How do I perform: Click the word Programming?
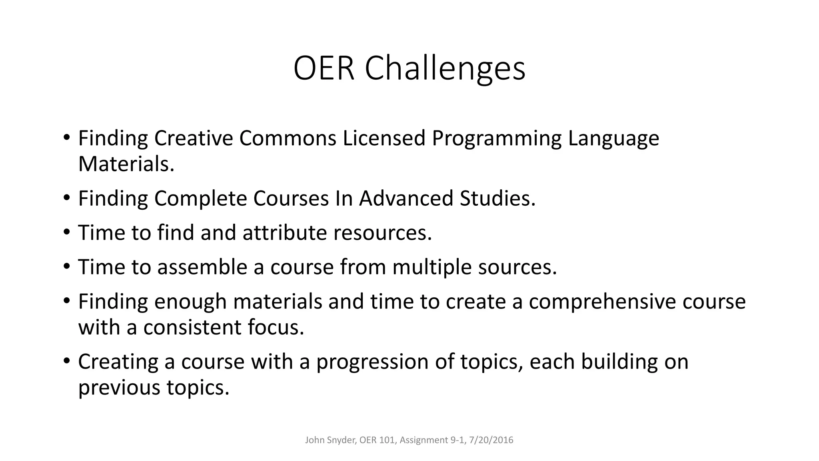coord(496,138)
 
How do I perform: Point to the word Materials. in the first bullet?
coord(126,164)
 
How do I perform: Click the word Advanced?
coord(406,198)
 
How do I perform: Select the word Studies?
coord(497,198)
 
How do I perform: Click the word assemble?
coord(202,267)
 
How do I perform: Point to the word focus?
coord(276,327)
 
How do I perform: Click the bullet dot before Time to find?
coord(66,232)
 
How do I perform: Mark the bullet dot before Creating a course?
coord(66,361)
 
